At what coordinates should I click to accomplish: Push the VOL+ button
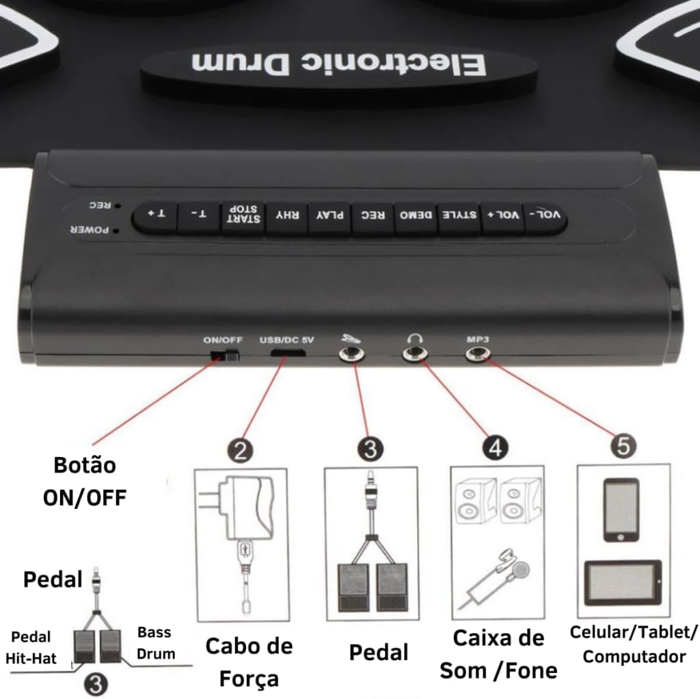[502, 216]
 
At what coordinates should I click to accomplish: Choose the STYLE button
[459, 217]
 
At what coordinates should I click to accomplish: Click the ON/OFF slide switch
[226, 356]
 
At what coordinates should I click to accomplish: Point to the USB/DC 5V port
[287, 354]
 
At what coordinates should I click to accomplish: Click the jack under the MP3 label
[476, 354]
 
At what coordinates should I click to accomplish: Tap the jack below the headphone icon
[413, 354]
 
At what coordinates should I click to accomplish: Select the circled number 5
[623, 446]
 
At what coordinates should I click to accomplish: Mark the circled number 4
[495, 448]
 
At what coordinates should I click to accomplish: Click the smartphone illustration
[621, 510]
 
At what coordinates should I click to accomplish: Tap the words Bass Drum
[154, 642]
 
